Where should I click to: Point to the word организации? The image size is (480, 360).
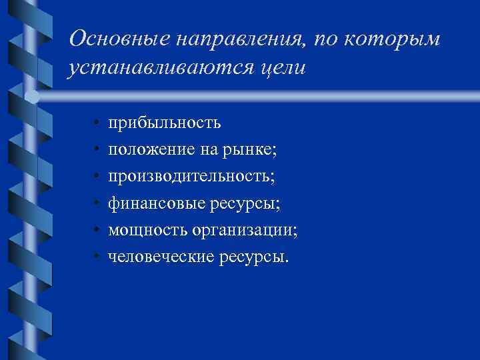(246, 229)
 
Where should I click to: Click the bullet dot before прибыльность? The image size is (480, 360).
(97, 123)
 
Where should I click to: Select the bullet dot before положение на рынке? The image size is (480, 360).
(97, 150)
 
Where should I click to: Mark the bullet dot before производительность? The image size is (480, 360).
(97, 177)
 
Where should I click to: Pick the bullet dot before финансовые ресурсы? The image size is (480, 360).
(97, 203)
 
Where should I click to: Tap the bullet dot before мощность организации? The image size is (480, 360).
(97, 230)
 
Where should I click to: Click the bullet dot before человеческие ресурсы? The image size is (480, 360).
(97, 257)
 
